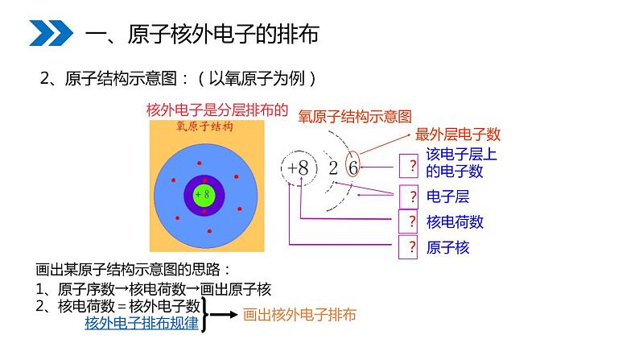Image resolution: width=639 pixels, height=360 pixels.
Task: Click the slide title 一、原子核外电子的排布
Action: pos(201,34)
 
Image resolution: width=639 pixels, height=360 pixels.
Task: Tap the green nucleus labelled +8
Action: pos(204,194)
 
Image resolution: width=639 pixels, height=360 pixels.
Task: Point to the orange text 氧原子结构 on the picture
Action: pos(204,127)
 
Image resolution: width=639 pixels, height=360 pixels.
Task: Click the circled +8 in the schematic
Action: pos(297,168)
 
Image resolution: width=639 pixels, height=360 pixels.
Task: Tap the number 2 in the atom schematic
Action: pos(332,168)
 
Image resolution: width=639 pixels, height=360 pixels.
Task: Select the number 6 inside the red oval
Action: pos(352,168)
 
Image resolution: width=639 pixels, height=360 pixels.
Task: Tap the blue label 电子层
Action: pos(447,196)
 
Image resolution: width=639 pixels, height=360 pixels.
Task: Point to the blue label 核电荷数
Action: pos(455,221)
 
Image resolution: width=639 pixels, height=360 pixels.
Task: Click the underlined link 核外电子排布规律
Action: pos(142,323)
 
